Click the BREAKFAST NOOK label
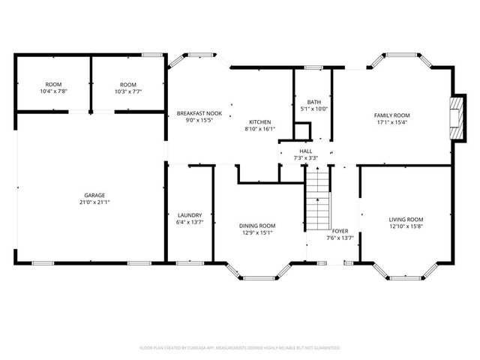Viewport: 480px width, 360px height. (x=194, y=113)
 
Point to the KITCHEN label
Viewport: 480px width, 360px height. (x=260, y=122)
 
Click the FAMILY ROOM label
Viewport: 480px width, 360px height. (x=392, y=115)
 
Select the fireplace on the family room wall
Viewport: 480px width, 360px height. (x=455, y=117)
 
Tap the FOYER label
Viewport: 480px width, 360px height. (x=340, y=231)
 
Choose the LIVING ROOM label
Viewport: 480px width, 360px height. (x=406, y=219)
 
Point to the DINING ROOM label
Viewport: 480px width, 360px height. (x=257, y=226)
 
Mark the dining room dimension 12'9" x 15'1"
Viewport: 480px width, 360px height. (x=257, y=232)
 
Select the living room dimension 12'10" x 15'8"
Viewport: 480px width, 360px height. (x=406, y=226)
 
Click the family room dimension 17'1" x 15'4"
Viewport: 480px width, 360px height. (x=392, y=121)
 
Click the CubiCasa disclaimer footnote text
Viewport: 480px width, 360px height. (x=240, y=348)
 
